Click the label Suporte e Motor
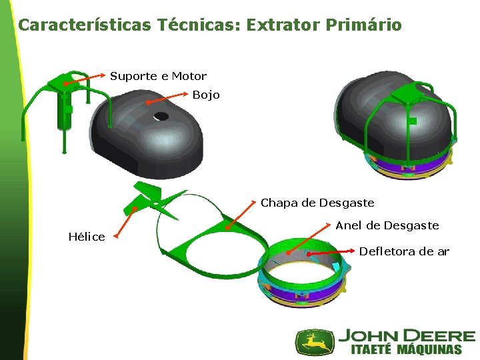tap(158, 76)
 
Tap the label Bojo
tap(205, 95)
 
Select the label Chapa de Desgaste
tap(317, 203)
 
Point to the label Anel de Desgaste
tap(387, 225)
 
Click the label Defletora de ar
tap(404, 251)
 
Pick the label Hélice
tap(87, 237)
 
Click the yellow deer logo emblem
tap(315, 341)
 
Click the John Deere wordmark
tap(407, 336)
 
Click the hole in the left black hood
tap(161, 116)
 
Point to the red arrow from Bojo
tap(169, 98)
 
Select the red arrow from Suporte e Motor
tap(82, 80)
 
